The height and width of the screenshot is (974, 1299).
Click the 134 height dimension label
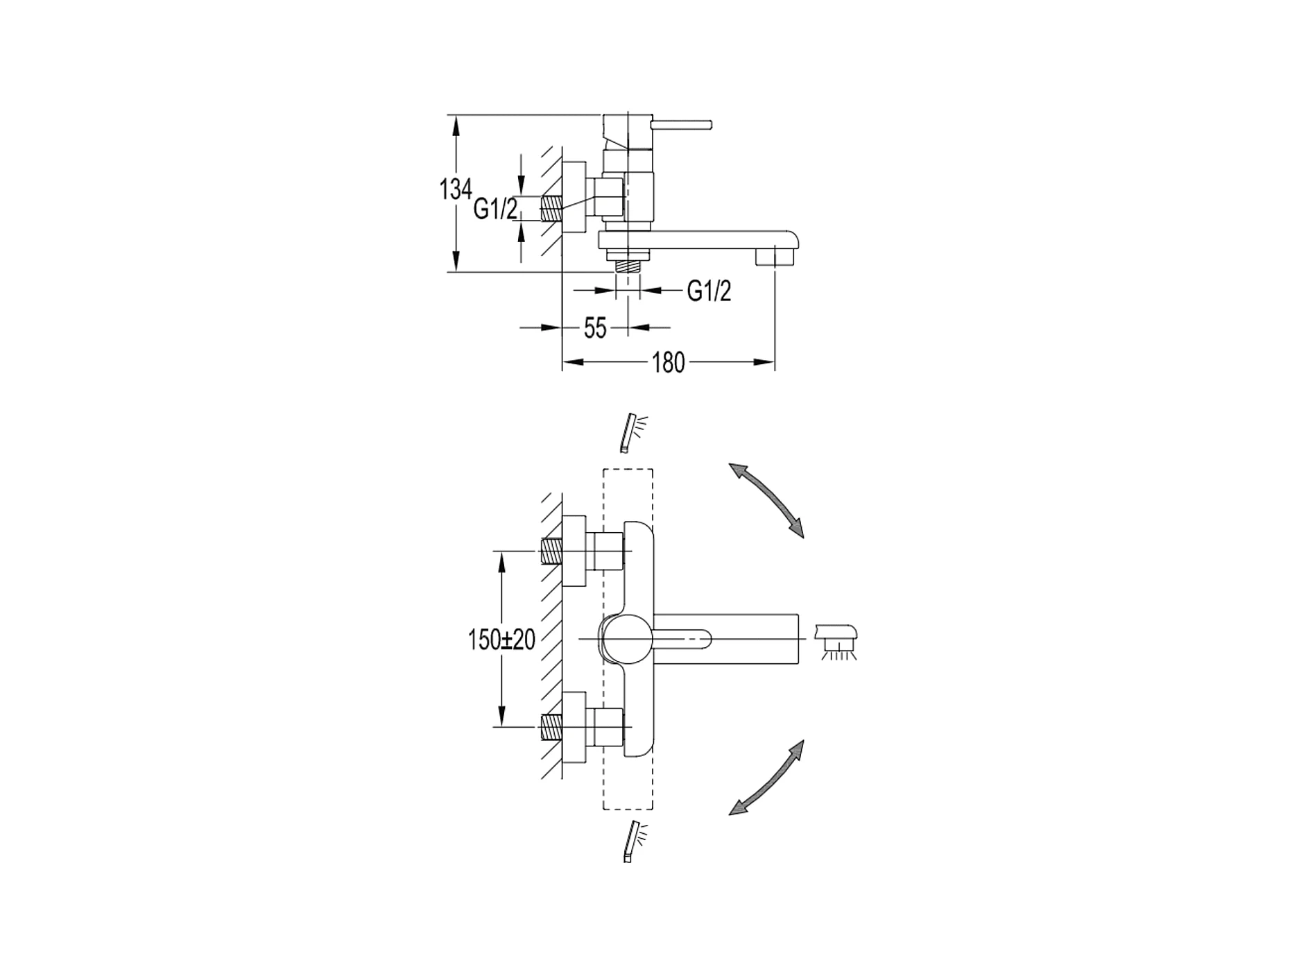click(x=455, y=189)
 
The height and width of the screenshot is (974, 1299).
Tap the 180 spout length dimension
click(x=668, y=362)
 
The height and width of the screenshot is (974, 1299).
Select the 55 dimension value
click(x=595, y=328)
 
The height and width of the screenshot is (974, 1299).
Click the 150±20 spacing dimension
click(x=501, y=640)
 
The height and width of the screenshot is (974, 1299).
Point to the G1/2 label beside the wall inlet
click(x=495, y=208)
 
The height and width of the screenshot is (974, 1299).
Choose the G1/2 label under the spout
click(x=709, y=291)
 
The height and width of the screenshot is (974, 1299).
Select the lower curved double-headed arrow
click(x=766, y=777)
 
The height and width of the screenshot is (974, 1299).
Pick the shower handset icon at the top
click(x=633, y=432)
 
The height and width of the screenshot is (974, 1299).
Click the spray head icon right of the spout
click(x=838, y=640)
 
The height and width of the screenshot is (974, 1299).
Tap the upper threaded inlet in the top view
click(x=551, y=552)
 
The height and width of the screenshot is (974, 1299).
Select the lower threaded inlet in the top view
click(x=551, y=727)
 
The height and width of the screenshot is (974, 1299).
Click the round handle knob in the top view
click(x=626, y=638)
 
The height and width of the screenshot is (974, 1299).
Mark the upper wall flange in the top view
click(x=575, y=552)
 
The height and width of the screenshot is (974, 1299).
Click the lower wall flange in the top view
click(x=575, y=727)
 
